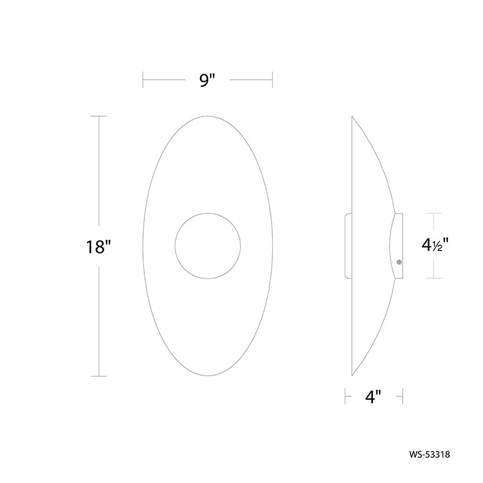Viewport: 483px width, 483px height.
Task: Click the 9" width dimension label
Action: [207, 80]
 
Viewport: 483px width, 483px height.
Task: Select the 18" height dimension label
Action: [98, 247]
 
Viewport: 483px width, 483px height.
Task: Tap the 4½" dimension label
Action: [435, 245]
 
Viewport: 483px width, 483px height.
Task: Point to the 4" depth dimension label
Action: [373, 397]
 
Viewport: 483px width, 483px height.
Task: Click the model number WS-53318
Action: [429, 455]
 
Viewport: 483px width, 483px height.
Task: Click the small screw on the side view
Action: [399, 262]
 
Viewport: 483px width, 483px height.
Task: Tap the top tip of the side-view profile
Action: [352, 117]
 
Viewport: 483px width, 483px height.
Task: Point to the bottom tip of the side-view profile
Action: [352, 376]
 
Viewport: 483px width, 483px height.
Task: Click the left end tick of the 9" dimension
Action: [143, 80]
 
